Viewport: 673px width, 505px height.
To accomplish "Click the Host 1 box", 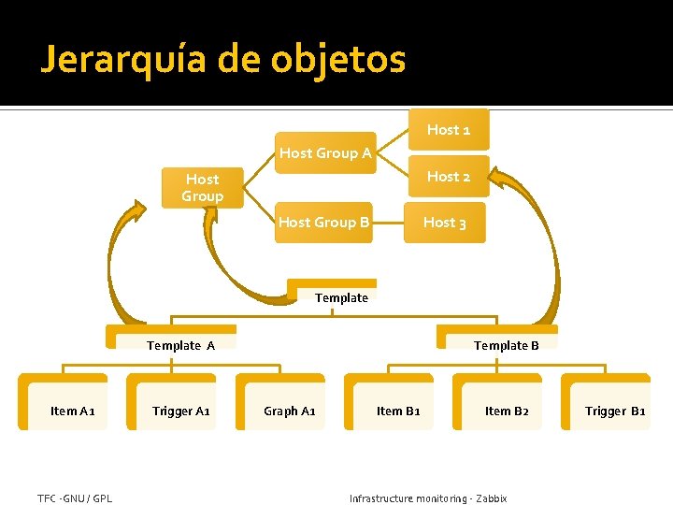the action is tap(449, 130).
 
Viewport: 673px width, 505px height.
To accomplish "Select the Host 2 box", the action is tap(449, 176).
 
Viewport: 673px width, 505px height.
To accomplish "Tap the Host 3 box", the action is tap(445, 223).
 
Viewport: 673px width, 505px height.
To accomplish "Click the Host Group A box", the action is tap(324, 152).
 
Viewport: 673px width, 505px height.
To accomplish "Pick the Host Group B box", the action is tap(323, 223).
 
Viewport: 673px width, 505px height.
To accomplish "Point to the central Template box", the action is tap(341, 296).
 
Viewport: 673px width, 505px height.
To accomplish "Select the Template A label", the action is tap(181, 345).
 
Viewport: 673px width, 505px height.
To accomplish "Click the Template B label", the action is tap(506, 345).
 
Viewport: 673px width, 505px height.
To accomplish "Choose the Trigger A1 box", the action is tap(180, 410).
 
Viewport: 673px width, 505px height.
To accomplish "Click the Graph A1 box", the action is tap(289, 410).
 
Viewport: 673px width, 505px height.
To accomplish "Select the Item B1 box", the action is tap(398, 410).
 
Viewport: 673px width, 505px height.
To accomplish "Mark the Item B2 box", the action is tap(507, 410).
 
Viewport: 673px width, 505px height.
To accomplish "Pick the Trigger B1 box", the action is tap(615, 410).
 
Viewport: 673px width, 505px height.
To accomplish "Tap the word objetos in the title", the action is tap(338, 61).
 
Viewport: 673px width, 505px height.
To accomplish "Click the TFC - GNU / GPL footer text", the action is tap(75, 498).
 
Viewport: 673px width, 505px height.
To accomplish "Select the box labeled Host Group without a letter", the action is tap(202, 187).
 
